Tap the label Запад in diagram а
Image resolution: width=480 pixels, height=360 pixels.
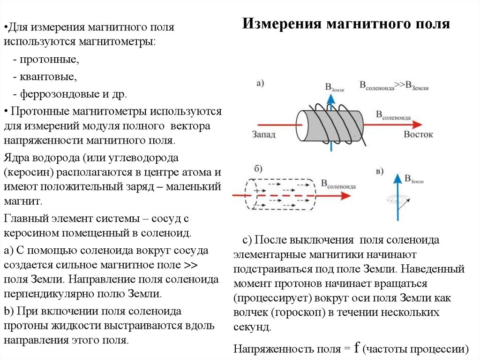(263, 134)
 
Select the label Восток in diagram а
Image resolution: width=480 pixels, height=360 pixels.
(418, 134)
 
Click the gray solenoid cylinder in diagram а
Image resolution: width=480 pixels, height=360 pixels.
(330, 126)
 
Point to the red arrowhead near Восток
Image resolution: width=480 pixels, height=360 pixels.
(417, 124)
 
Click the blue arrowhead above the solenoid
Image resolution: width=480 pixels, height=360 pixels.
(330, 99)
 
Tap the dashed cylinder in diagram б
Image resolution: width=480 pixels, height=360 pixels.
(280, 194)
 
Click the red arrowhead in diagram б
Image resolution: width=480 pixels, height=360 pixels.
(345, 195)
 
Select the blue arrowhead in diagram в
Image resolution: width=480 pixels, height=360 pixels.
(397, 179)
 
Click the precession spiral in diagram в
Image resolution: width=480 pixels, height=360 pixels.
(398, 200)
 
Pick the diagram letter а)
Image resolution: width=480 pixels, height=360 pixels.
(260, 83)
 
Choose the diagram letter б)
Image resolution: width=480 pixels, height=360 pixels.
(258, 169)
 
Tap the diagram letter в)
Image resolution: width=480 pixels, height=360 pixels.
(379, 171)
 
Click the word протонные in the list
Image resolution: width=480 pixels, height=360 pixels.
(49, 59)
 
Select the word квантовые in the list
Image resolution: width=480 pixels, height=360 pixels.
(48, 77)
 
